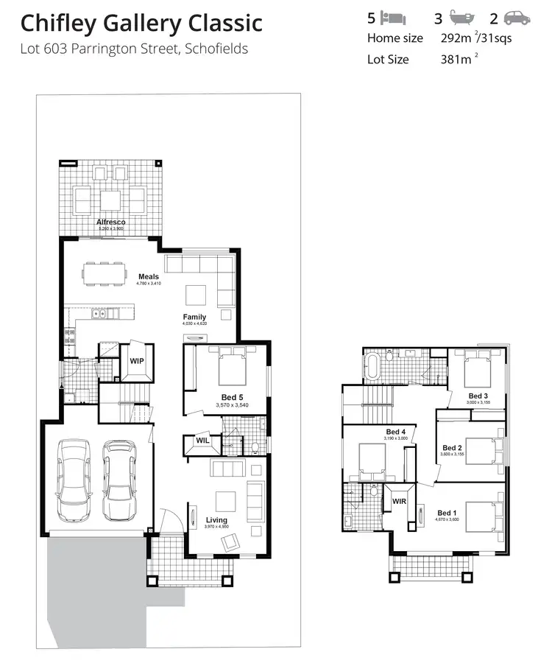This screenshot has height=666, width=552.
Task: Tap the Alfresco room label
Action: pos(110,222)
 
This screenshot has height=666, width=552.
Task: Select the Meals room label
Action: pos(149,277)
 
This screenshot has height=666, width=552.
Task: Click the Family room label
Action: pos(195,317)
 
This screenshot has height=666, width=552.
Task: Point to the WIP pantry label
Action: pos(137,361)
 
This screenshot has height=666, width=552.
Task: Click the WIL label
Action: pos(202,441)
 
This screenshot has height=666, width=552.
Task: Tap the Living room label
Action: pos(216,520)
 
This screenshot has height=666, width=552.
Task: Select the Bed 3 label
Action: pos(479,396)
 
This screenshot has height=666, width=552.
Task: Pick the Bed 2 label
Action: pos(451,447)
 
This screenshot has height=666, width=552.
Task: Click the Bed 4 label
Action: pos(395,432)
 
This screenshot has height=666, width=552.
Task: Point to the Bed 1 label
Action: pos(447,513)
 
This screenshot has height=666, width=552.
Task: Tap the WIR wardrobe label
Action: pos(400,501)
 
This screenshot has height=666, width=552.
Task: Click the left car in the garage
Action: pos(74,482)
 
